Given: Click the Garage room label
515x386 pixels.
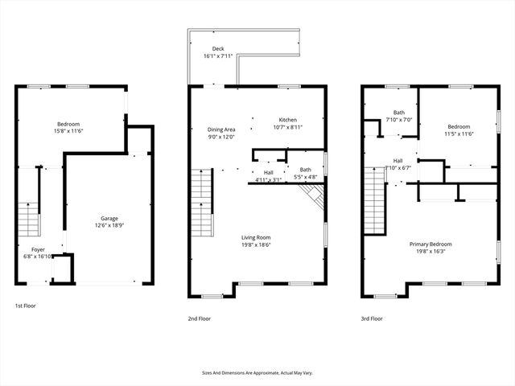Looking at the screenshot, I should [x=109, y=218].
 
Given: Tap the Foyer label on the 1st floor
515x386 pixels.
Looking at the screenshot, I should [x=39, y=250].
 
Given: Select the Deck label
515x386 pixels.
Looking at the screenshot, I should [x=218, y=49].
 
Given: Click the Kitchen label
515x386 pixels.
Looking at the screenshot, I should [x=288, y=120].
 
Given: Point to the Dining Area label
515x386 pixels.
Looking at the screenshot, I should [x=221, y=129].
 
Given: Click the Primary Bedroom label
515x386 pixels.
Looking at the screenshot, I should [x=430, y=244].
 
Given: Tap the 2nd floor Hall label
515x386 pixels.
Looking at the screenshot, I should [x=268, y=173].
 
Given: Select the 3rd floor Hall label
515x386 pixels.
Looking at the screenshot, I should [x=398, y=161].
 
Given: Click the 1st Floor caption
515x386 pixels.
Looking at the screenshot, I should [x=25, y=306].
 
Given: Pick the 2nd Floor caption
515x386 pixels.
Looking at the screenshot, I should [x=200, y=318].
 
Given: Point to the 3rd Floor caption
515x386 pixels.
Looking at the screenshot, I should [x=372, y=318].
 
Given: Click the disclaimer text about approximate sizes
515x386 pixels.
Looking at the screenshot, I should [x=257, y=373].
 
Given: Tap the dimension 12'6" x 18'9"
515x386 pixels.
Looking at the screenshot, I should [x=109, y=225].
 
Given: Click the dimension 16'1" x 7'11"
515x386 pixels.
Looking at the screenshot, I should [x=218, y=56].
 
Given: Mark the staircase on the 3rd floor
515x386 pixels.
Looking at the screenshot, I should [x=374, y=201].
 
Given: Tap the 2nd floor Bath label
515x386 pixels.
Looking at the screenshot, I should [x=306, y=170].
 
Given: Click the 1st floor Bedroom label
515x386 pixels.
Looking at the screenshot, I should [x=68, y=124].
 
